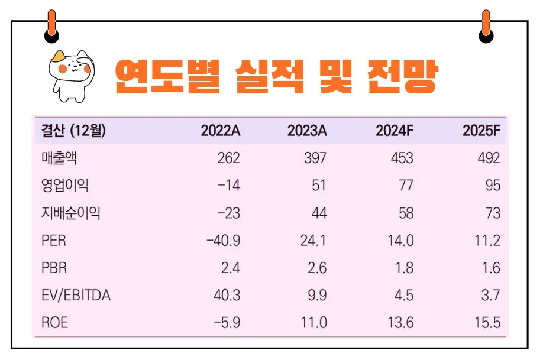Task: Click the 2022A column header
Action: tap(220, 131)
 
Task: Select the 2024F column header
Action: tap(394, 131)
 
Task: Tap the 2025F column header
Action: tap(481, 131)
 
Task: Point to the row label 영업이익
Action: tap(64, 186)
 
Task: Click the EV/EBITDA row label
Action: tap(76, 296)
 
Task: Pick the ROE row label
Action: tap(54, 323)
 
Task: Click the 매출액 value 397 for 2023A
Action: tap(315, 158)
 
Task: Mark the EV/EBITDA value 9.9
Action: tap(316, 296)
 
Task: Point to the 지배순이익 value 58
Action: tap(406, 213)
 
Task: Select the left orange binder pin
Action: tap(51, 27)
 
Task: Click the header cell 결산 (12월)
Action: tap(73, 131)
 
